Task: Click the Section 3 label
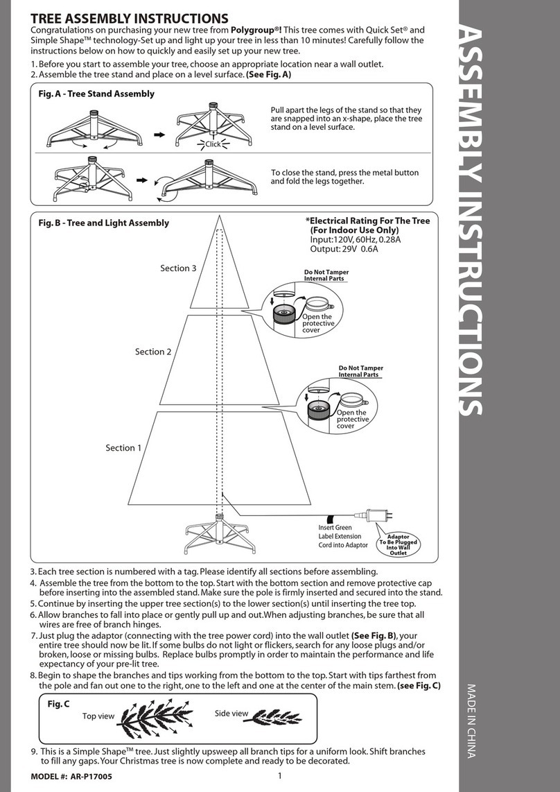click(178, 268)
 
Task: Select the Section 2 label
click(152, 352)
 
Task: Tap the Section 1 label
click(123, 448)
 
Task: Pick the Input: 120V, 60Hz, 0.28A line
click(356, 239)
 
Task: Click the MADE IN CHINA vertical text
click(471, 721)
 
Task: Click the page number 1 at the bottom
click(278, 776)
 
